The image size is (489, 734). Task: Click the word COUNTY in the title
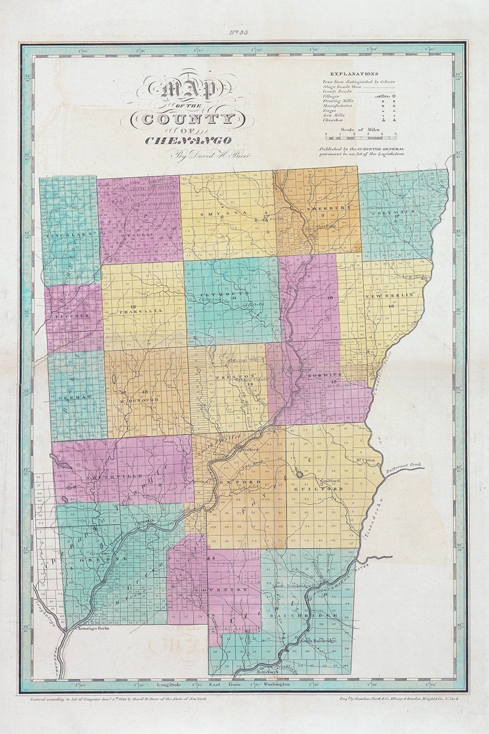click(189, 120)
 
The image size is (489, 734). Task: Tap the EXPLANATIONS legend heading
click(354, 73)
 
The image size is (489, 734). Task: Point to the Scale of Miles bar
click(360, 134)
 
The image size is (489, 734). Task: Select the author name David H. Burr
click(208, 156)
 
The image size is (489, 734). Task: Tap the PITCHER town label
click(72, 315)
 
